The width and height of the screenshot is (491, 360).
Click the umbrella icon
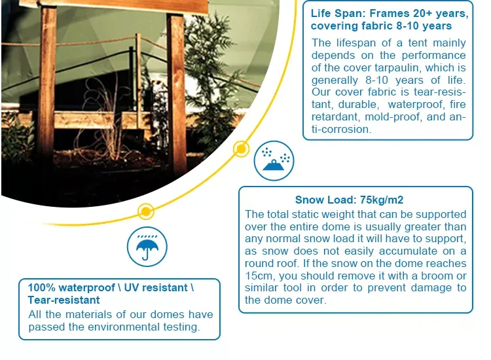coord(147,247)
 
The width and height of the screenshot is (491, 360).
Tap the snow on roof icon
coord(274,160)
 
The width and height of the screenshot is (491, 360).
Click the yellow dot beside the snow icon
coord(241,149)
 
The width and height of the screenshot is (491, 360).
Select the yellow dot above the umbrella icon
coord(146,211)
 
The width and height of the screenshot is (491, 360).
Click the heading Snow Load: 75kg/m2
coord(349,200)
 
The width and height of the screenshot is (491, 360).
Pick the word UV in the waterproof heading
coord(130,288)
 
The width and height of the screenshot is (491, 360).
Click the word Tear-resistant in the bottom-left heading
coord(64,300)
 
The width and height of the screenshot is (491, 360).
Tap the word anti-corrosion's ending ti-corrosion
coord(341,129)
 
